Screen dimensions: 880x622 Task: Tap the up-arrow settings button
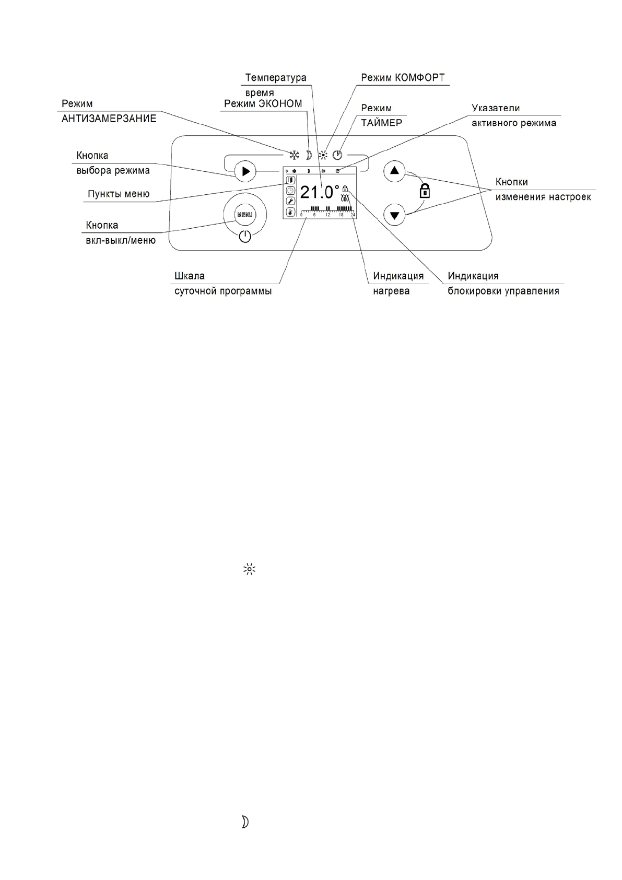394,171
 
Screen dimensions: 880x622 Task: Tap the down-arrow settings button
394,215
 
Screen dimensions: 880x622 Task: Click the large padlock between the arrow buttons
425,191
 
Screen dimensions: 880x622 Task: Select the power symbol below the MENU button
244,238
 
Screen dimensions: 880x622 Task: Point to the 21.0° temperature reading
319,192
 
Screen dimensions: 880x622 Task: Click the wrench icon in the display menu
290,201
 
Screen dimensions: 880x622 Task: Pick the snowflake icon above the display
295,155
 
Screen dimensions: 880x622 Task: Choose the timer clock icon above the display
337,155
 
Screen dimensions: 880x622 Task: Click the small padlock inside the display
345,190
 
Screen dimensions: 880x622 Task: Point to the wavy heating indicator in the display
345,198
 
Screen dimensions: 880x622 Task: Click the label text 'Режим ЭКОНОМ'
263,104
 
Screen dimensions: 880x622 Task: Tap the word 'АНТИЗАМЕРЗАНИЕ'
109,119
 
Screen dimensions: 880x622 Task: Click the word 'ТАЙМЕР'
381,123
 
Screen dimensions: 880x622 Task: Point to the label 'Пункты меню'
119,194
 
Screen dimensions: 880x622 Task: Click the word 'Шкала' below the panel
190,276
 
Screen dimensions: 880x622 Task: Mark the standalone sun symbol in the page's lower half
249,570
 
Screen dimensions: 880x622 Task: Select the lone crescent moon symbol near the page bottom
244,822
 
